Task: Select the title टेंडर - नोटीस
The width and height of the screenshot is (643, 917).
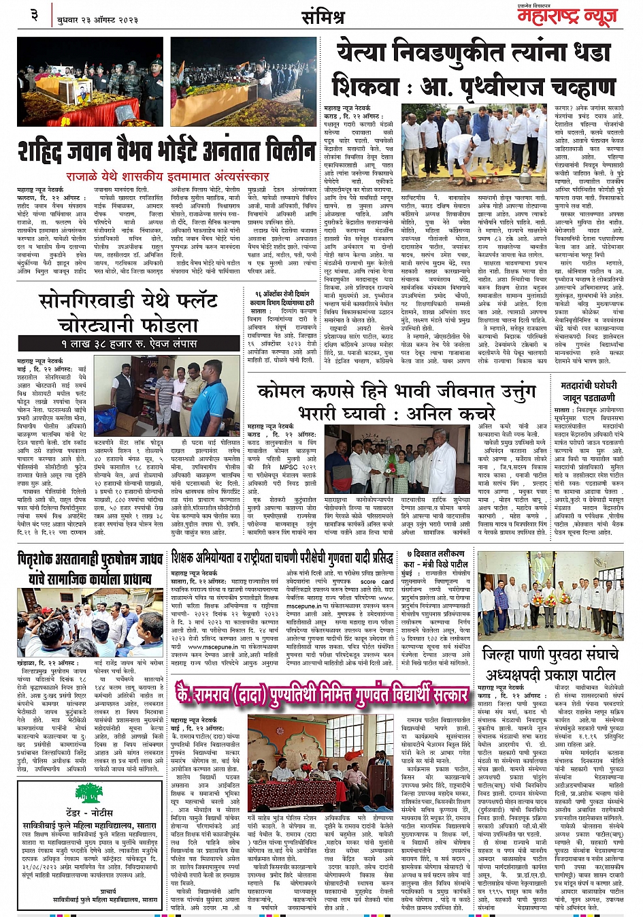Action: (89, 813)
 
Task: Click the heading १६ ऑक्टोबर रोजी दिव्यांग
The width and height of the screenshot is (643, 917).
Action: (280, 294)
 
